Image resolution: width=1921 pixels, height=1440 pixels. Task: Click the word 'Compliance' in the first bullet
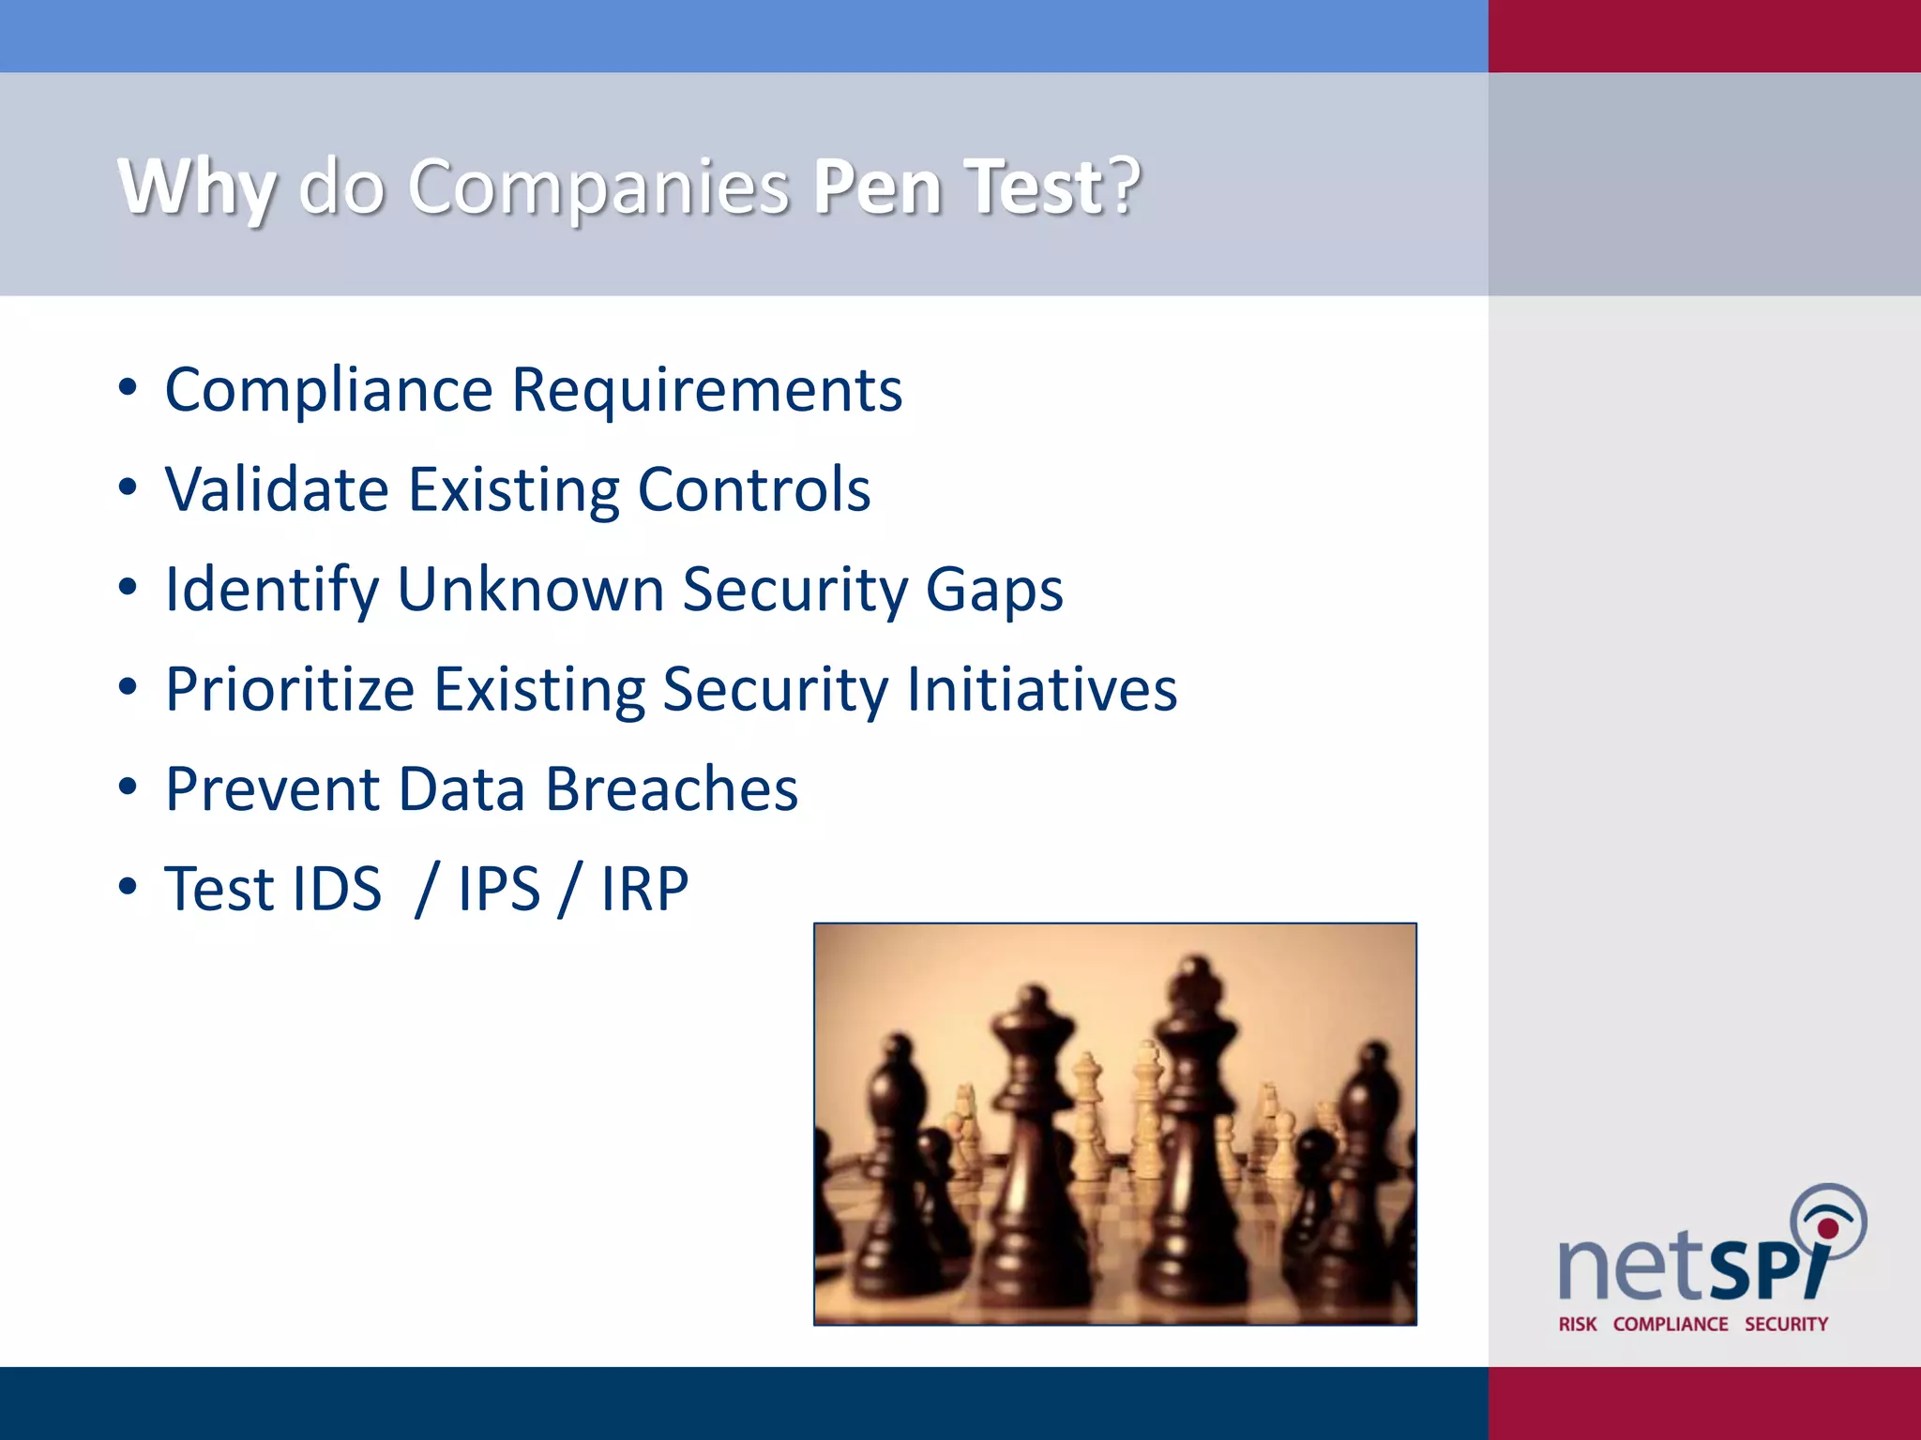(328, 390)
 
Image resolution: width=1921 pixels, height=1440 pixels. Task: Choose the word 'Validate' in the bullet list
(277, 489)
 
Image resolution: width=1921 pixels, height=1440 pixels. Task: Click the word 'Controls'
(754, 489)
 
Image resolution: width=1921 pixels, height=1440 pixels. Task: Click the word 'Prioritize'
(290, 690)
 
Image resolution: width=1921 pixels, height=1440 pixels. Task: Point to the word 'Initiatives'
(1041, 690)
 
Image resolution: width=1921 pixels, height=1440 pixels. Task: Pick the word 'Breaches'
(672, 789)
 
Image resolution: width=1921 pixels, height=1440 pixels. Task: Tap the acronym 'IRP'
(644, 889)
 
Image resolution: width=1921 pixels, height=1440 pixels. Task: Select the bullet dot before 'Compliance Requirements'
(129, 387)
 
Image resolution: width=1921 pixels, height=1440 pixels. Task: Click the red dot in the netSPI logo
(1828, 1229)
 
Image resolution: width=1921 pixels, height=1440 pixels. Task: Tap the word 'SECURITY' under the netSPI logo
(1786, 1324)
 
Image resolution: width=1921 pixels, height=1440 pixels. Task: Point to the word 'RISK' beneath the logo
(1578, 1324)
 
